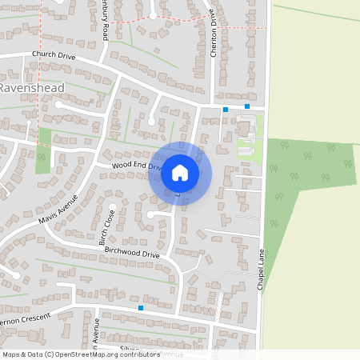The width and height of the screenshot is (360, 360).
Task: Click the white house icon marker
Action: [x=180, y=171]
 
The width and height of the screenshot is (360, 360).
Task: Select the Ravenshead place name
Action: [x=27, y=86]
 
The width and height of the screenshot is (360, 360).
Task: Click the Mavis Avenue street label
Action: [x=58, y=207]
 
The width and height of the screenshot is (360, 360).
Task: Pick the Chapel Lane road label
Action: [x=261, y=269]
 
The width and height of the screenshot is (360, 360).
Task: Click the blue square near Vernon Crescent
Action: [x=141, y=307]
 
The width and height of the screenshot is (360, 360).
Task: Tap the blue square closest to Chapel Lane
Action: [x=247, y=106]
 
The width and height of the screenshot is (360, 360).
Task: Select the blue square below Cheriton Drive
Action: [x=226, y=109]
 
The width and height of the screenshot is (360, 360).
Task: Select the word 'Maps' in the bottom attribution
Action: [x=10, y=354]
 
